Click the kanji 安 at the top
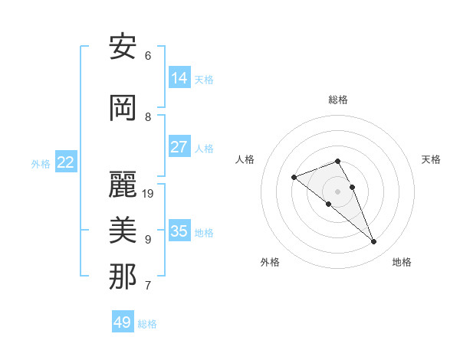pyautogui.click(x=123, y=47)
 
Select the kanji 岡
pyautogui.click(x=123, y=108)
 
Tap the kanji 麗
pyautogui.click(x=123, y=185)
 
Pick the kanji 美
pyautogui.click(x=123, y=231)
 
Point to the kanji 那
pyautogui.click(x=123, y=277)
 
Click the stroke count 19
pyautogui.click(x=149, y=194)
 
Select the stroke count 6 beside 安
pyautogui.click(x=148, y=56)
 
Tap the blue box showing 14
pyautogui.click(x=179, y=77)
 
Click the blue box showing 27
pyautogui.click(x=179, y=147)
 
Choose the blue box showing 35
pyautogui.click(x=179, y=231)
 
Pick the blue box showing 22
pyautogui.click(x=66, y=162)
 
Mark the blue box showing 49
pyautogui.click(x=123, y=322)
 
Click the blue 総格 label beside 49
pyautogui.click(x=147, y=324)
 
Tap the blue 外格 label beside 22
pyautogui.click(x=41, y=163)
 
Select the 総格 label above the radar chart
pyautogui.click(x=338, y=100)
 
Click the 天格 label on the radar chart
pyautogui.click(x=431, y=159)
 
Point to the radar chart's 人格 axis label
pyautogui.click(x=245, y=159)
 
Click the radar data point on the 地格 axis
pyautogui.click(x=373, y=242)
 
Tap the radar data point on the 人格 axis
pyautogui.click(x=294, y=178)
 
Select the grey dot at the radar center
pyautogui.click(x=337, y=191)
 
